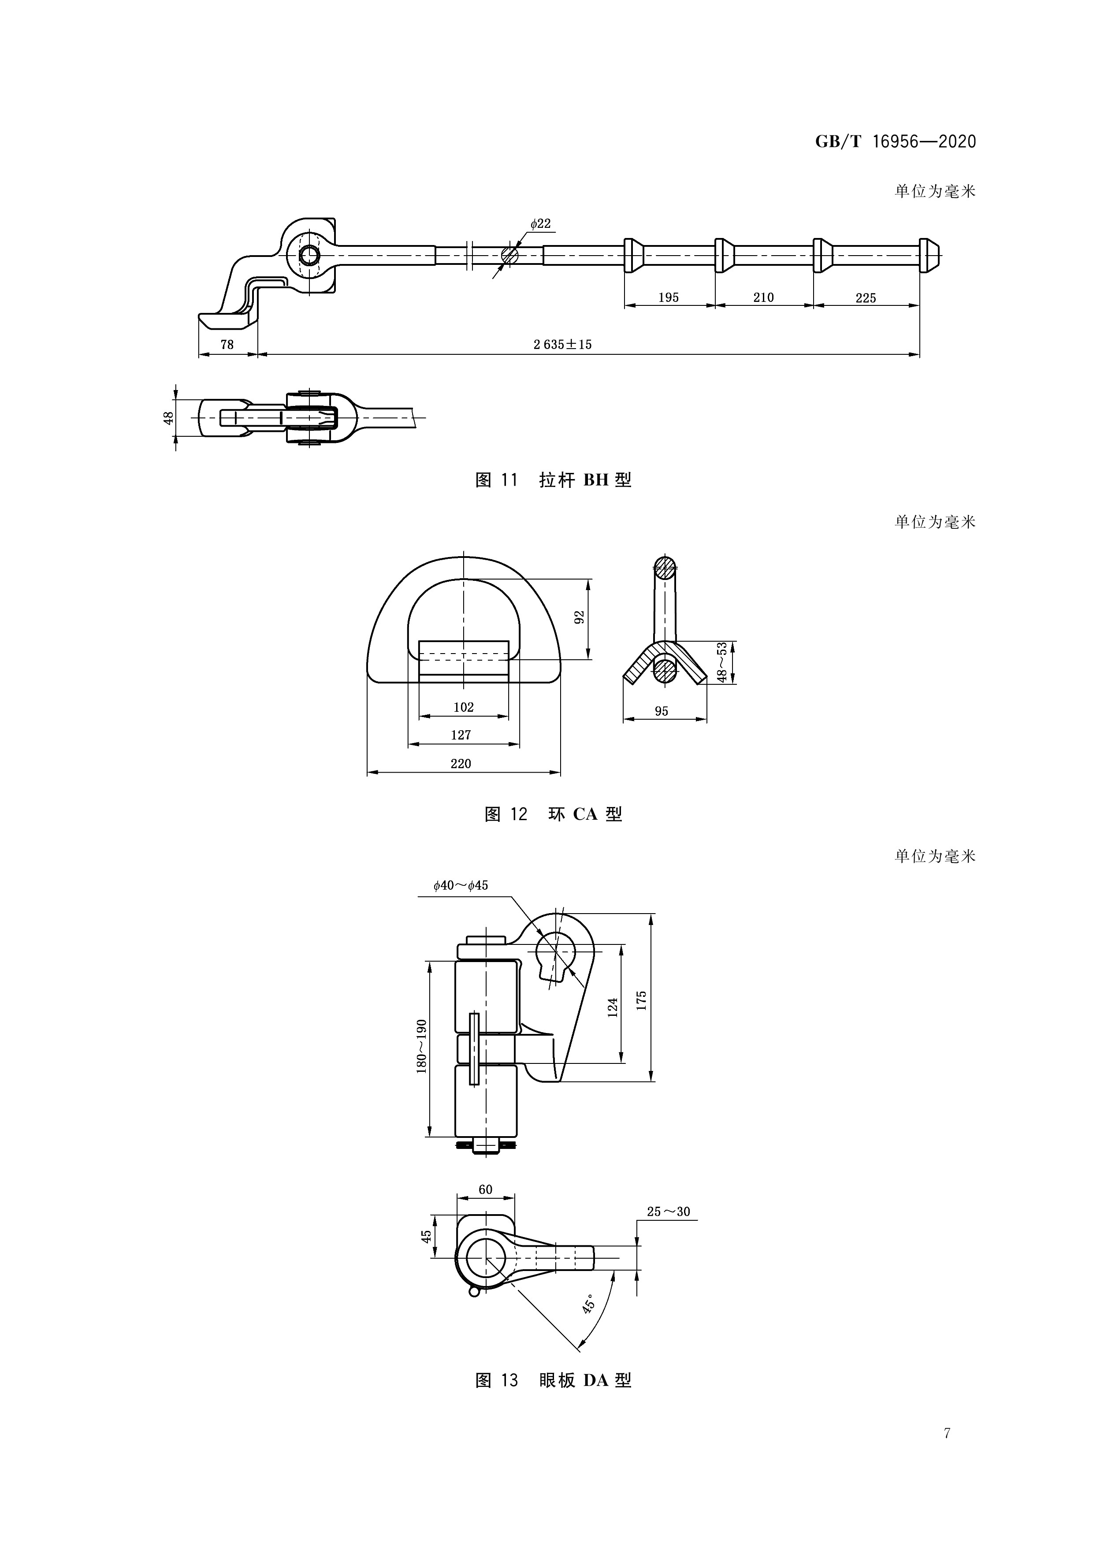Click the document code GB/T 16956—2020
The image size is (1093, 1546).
click(x=895, y=141)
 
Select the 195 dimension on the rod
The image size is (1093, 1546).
click(x=668, y=297)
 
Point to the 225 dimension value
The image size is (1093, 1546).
click(x=866, y=297)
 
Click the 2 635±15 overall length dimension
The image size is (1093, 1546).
click(x=562, y=345)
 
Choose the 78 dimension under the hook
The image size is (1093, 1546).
click(x=227, y=345)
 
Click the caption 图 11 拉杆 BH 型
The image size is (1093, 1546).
click(x=553, y=480)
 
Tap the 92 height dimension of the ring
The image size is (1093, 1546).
click(x=579, y=617)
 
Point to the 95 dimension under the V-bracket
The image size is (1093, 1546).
click(x=662, y=711)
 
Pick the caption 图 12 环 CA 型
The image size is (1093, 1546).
click(x=553, y=814)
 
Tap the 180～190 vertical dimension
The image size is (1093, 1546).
click(x=422, y=1046)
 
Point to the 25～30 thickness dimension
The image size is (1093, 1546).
click(x=668, y=1212)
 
